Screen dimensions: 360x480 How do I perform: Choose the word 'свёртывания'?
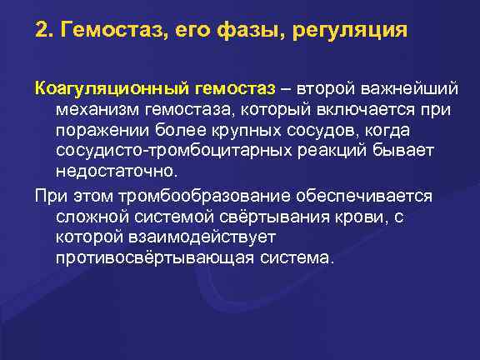[273, 217]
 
